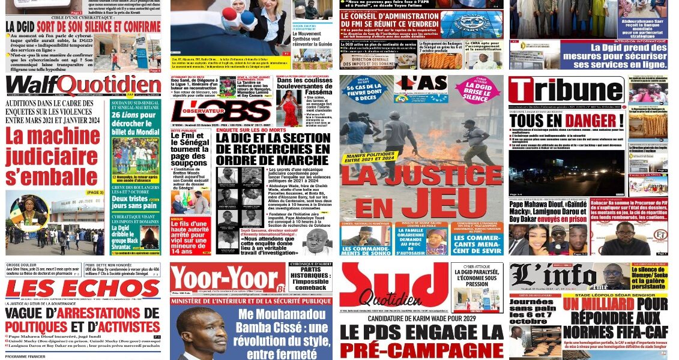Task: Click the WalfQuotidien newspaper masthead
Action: click(x=83, y=85)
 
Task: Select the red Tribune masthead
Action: click(x=566, y=90)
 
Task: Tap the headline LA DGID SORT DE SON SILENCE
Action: click(x=83, y=26)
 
